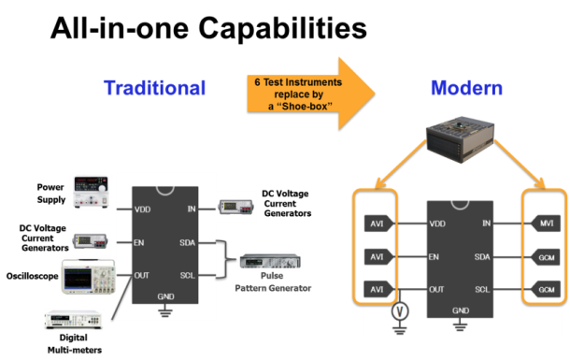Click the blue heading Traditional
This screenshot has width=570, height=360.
[x=153, y=89]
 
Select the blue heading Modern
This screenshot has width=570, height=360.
[x=465, y=89]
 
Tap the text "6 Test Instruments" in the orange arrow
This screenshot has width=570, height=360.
[x=298, y=82]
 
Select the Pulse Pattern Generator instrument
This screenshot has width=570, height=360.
[x=271, y=264]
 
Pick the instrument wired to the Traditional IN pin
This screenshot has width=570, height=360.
[x=234, y=208]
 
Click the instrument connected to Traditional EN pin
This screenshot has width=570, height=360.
[x=93, y=240]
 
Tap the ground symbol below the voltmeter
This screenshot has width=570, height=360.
[x=400, y=329]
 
